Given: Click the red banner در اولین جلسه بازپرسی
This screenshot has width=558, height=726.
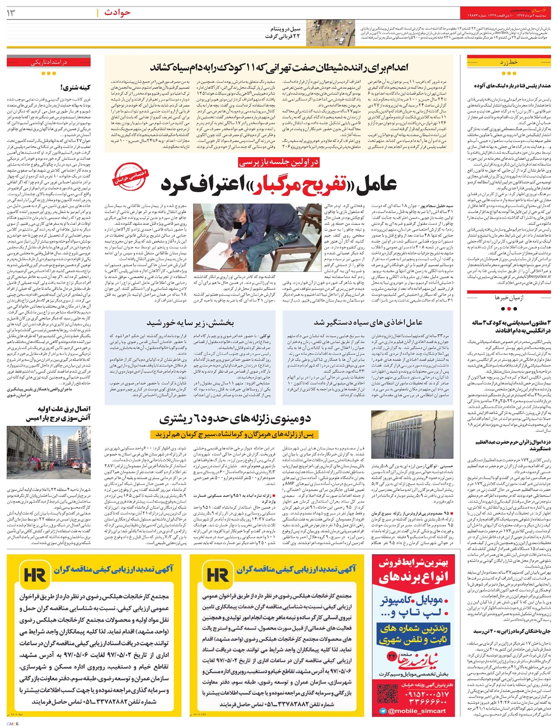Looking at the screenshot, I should (x=279, y=162).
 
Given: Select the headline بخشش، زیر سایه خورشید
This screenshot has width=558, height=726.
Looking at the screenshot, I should (x=186, y=322).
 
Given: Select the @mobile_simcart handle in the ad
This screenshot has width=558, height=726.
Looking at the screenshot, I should (x=416, y=711).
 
